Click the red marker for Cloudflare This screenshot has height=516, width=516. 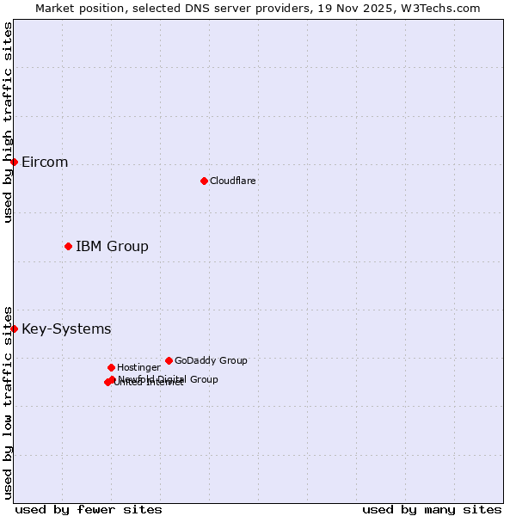(204, 181)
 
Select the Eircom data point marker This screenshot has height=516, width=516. (14, 162)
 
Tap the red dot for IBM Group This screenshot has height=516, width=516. (68, 246)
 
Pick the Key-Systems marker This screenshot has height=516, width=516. (14, 329)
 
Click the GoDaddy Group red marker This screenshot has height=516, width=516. (169, 360)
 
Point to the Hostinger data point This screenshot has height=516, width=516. (111, 367)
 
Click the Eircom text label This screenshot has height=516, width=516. (45, 163)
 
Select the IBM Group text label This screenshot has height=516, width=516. (112, 247)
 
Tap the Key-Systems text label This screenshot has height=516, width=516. (66, 329)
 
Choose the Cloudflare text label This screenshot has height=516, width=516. (232, 181)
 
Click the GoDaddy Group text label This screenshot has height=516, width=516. (211, 360)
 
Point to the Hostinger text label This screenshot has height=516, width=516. (138, 367)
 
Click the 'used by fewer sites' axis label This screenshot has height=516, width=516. (89, 509)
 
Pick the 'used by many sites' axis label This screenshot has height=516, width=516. (432, 509)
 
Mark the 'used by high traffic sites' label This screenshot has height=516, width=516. (8, 122)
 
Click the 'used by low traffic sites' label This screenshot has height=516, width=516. (8, 402)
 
